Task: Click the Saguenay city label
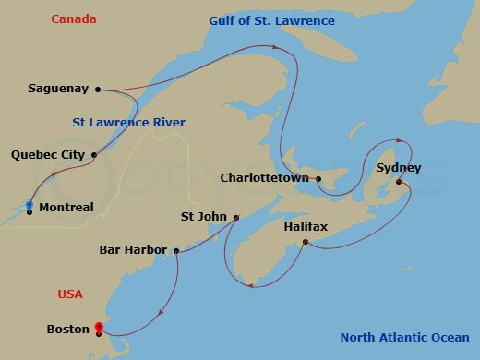59,90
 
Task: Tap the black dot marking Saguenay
97,90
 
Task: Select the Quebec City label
48,155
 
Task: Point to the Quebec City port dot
94,154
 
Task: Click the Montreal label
66,208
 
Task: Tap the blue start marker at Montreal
30,205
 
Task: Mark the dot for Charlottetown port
318,179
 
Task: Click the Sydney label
399,168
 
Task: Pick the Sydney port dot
399,182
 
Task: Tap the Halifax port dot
306,243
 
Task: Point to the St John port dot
236,218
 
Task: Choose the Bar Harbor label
133,250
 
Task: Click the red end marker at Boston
99,327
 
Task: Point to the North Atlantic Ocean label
403,337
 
